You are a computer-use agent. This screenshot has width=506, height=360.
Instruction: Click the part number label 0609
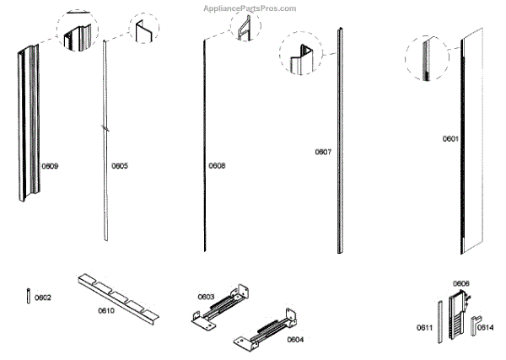(50, 166)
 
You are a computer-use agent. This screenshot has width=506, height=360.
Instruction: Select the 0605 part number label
(120, 166)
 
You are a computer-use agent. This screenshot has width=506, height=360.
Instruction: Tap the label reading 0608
(217, 166)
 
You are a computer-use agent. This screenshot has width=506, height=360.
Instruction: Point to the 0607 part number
(323, 153)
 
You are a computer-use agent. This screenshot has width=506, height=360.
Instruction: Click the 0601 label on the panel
(450, 138)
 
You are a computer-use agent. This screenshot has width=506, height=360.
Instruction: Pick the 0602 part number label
(43, 298)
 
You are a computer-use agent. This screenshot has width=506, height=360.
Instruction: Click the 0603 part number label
(206, 296)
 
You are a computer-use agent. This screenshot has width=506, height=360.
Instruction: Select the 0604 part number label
(294, 340)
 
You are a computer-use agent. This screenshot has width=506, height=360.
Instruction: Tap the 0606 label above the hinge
(461, 283)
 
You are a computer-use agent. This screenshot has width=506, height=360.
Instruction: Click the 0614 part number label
(487, 327)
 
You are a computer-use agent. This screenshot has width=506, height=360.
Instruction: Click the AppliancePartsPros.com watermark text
(250, 8)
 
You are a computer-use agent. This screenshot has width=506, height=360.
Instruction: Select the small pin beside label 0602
(29, 297)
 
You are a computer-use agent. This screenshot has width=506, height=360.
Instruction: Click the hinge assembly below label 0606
(460, 313)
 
